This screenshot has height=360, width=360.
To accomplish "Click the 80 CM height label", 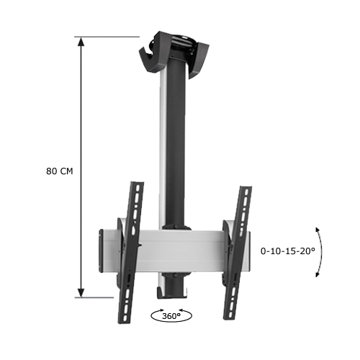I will pos(59,171).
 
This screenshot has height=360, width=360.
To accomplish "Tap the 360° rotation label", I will pos(171,315).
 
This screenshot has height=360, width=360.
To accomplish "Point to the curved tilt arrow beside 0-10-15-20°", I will pos(318,251).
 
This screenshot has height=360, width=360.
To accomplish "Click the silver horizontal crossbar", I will pos(180,246).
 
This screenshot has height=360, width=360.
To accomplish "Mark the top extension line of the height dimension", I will pos(108,37).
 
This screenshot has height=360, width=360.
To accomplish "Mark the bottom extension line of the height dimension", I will pos(108,296).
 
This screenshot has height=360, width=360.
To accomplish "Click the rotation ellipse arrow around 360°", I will pos(153,315).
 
